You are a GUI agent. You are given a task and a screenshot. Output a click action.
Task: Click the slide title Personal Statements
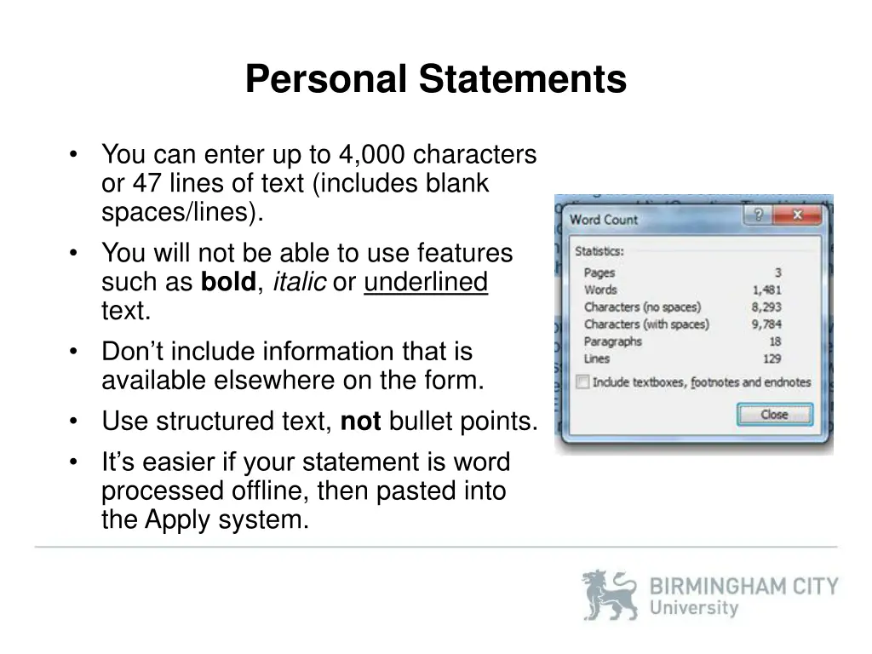pyautogui.click(x=435, y=80)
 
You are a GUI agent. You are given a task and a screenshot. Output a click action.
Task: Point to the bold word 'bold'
pyautogui.click(x=228, y=282)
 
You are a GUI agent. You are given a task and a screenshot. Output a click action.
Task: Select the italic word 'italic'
pyautogui.click(x=299, y=282)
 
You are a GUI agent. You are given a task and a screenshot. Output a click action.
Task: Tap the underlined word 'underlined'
pyautogui.click(x=425, y=282)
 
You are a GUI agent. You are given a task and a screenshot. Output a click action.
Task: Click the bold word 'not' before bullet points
pyautogui.click(x=360, y=422)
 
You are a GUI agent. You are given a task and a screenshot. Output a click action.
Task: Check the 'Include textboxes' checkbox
pyautogui.click(x=582, y=382)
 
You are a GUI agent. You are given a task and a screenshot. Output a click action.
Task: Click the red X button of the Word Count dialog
pyautogui.click(x=797, y=216)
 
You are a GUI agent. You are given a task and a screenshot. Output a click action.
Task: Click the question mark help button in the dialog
pyautogui.click(x=759, y=216)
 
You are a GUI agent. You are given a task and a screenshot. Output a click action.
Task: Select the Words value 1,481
pyautogui.click(x=766, y=290)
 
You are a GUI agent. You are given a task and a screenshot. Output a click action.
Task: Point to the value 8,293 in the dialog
pyautogui.click(x=766, y=307)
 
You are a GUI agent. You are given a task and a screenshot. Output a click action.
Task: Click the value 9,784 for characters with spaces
pyautogui.click(x=766, y=324)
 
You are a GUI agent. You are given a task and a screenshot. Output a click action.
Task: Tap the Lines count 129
pyautogui.click(x=772, y=359)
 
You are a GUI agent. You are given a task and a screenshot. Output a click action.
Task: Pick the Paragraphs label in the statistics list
pyautogui.click(x=613, y=341)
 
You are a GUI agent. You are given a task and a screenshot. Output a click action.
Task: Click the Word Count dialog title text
pyautogui.click(x=604, y=220)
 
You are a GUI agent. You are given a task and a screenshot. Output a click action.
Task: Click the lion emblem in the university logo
pyautogui.click(x=609, y=594)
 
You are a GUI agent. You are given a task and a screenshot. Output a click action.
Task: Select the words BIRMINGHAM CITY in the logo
pyautogui.click(x=743, y=587)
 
